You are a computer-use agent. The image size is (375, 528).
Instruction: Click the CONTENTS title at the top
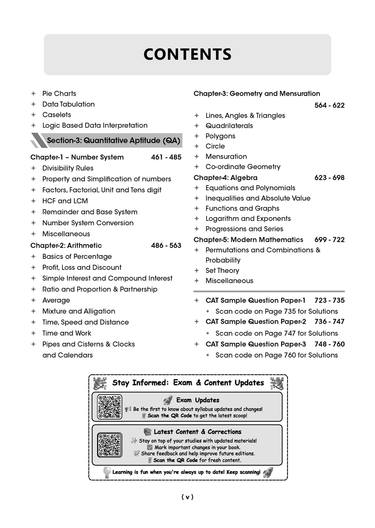(x=187, y=54)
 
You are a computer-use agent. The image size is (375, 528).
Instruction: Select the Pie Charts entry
(x=59, y=93)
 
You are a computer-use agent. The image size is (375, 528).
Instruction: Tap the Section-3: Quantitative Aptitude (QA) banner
(x=113, y=140)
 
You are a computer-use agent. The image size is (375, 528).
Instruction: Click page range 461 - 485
(x=166, y=157)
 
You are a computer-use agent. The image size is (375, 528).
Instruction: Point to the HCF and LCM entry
(x=65, y=201)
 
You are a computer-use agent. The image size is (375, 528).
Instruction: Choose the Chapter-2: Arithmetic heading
(x=66, y=245)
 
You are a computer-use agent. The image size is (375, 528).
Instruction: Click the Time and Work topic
(x=67, y=333)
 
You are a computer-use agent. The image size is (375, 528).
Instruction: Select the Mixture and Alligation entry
(x=78, y=311)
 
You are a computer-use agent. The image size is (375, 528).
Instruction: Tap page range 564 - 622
(x=329, y=105)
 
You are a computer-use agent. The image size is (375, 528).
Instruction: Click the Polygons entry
(x=220, y=136)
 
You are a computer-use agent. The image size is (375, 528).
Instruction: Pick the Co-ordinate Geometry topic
(x=243, y=166)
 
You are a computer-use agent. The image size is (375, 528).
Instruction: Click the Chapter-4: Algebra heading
(x=225, y=177)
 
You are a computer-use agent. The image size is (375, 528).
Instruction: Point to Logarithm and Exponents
(x=248, y=219)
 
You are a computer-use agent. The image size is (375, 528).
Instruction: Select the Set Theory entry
(x=222, y=270)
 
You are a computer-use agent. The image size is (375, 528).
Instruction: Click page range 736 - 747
(x=329, y=322)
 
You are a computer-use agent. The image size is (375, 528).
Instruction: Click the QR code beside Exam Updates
(x=109, y=407)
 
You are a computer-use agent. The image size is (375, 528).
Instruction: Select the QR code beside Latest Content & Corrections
(x=109, y=445)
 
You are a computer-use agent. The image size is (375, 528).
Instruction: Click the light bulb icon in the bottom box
(x=107, y=472)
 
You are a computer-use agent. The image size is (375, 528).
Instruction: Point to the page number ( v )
(x=187, y=497)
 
